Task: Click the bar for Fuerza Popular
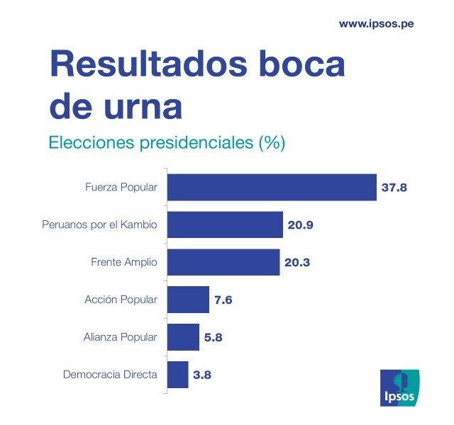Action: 271,188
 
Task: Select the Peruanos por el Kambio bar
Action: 225,225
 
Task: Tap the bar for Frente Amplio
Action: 223,262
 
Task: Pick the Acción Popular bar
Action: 188,300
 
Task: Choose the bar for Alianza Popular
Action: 183,337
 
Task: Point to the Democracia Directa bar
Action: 177,374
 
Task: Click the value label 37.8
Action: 395,188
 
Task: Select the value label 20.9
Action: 301,226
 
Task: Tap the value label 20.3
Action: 298,263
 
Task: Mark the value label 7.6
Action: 223,300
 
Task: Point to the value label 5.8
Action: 214,338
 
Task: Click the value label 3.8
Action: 202,375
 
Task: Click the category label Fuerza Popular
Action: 121,188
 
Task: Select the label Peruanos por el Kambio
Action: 100,226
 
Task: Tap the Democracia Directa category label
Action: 110,375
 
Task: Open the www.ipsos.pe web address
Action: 376,23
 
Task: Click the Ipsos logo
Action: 401,387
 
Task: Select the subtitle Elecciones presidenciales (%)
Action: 167,142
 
